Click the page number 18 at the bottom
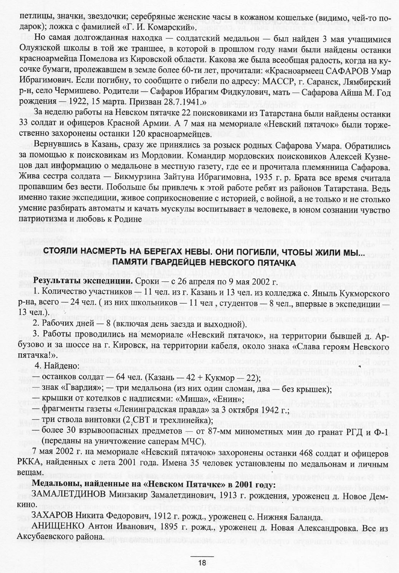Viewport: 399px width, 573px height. click(x=202, y=563)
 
